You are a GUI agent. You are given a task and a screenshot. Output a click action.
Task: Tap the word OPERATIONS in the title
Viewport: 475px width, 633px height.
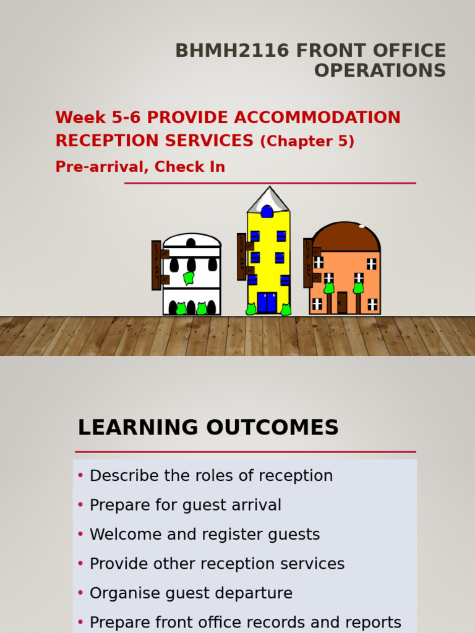tap(380, 70)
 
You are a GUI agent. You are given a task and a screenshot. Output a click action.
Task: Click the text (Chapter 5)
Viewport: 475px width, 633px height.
tap(307, 142)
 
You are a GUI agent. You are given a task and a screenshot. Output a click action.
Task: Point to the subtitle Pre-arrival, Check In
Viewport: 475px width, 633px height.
tap(140, 167)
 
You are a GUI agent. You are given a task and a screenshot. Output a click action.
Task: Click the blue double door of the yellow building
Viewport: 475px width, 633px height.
tap(267, 302)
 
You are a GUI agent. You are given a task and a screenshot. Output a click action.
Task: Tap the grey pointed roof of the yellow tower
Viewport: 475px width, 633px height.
tap(268, 199)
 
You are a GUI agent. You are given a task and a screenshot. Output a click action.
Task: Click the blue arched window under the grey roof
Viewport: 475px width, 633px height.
tap(267, 212)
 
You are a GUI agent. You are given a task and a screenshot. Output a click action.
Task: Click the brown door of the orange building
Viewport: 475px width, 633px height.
tap(342, 302)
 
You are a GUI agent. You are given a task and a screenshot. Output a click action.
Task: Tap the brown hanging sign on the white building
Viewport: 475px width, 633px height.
tap(157, 265)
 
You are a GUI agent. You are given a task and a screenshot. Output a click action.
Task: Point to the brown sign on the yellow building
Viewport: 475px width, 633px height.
tap(242, 256)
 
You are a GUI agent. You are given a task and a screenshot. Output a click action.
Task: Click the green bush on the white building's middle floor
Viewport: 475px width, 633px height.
tap(189, 278)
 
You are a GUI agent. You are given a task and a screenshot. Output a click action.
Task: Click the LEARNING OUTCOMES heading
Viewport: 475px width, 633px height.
tap(208, 428)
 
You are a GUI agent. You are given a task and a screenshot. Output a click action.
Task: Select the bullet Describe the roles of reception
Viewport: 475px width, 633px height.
tap(211, 476)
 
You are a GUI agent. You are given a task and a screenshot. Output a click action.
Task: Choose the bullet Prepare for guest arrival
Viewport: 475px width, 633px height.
tap(185, 505)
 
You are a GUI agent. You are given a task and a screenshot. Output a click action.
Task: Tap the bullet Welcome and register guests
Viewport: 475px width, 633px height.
tap(205, 535)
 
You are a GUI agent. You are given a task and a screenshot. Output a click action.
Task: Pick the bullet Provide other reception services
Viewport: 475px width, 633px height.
tap(217, 564)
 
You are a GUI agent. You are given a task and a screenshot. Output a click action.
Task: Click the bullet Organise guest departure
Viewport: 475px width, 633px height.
tap(191, 593)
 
